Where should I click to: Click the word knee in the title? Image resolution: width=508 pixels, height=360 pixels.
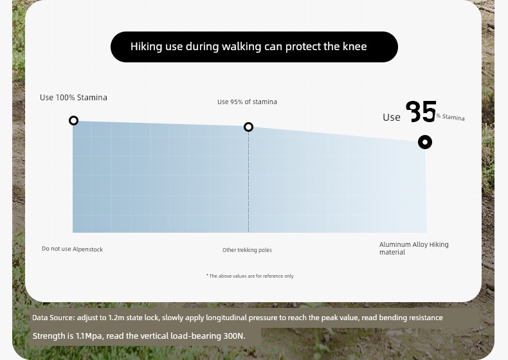355,46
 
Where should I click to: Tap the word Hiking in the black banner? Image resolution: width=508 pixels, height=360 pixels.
146,47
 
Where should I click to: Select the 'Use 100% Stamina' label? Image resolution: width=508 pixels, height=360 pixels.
73,98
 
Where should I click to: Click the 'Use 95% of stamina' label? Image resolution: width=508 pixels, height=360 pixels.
247,102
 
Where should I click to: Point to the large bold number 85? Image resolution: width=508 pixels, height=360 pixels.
421,111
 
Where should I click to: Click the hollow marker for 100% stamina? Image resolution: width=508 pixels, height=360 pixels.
73,116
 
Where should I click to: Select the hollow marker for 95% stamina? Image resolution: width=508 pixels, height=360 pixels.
248,123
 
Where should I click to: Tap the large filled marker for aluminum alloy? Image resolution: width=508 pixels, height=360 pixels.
425,142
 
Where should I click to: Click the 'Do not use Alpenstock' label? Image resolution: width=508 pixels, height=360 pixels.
72,249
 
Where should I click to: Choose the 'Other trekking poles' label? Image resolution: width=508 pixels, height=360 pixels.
247,250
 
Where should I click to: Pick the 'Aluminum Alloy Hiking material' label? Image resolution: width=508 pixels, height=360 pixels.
413,248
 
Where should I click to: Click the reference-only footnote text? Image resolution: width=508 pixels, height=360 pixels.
249,276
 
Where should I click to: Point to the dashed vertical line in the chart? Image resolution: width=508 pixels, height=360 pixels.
248,182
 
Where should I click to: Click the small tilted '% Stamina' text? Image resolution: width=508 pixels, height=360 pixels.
450,117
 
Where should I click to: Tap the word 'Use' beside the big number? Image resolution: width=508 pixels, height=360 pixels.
392,117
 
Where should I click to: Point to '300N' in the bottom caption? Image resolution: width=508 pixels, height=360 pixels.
233,336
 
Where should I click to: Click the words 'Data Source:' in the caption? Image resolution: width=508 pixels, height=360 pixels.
53,318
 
